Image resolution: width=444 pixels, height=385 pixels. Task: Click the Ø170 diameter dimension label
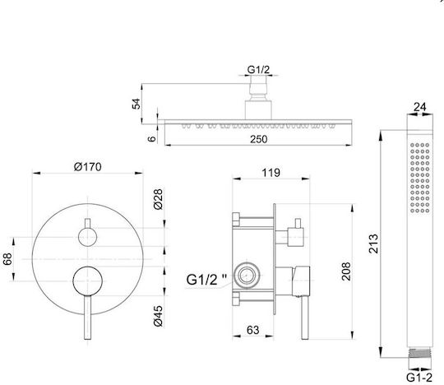click(87, 166)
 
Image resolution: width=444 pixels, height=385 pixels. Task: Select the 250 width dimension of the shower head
click(258, 139)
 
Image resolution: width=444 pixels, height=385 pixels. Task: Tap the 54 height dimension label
click(136, 104)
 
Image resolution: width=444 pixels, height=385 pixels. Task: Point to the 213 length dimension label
click(373, 244)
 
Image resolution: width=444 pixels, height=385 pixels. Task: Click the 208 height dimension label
click(346, 271)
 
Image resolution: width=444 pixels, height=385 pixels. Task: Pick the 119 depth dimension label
click(271, 173)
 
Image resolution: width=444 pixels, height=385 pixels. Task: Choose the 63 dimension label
click(253, 330)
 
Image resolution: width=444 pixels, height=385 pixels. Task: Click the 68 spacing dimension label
click(7, 259)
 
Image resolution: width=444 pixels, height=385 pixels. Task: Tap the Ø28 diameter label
click(159, 199)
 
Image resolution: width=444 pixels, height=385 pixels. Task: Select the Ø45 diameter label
click(159, 316)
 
